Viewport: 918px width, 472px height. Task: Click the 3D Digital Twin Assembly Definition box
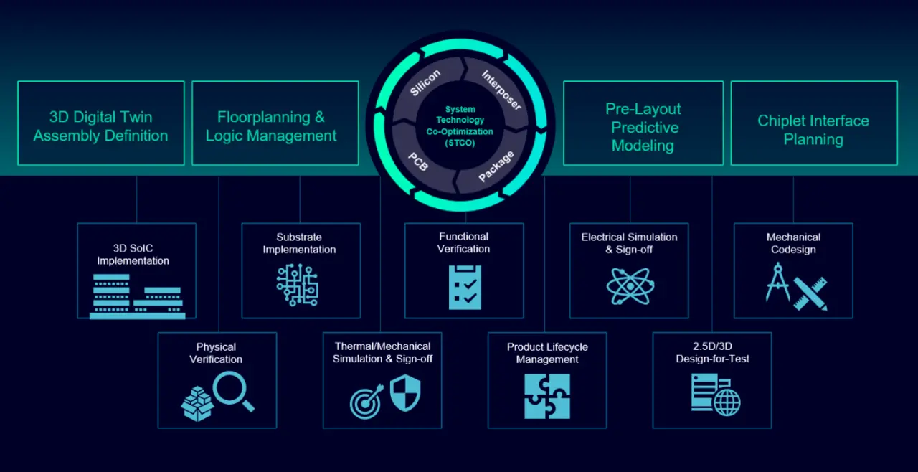click(x=100, y=123)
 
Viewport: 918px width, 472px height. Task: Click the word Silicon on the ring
click(x=425, y=82)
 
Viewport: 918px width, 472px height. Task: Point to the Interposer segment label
click(x=501, y=89)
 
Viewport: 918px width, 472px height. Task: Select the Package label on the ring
click(x=496, y=166)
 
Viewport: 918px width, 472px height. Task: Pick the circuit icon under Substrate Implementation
click(x=297, y=285)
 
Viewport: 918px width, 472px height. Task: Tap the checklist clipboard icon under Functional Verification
click(x=465, y=287)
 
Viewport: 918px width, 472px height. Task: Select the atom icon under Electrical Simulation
click(x=629, y=285)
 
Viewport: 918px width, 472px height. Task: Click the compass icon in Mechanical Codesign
click(x=778, y=282)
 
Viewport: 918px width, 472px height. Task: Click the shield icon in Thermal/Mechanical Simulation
click(x=404, y=394)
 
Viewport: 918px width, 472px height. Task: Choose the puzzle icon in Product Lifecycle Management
click(x=547, y=396)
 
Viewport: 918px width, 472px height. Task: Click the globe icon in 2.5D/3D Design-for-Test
click(x=727, y=402)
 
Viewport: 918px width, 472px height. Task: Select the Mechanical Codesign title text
click(x=793, y=243)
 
